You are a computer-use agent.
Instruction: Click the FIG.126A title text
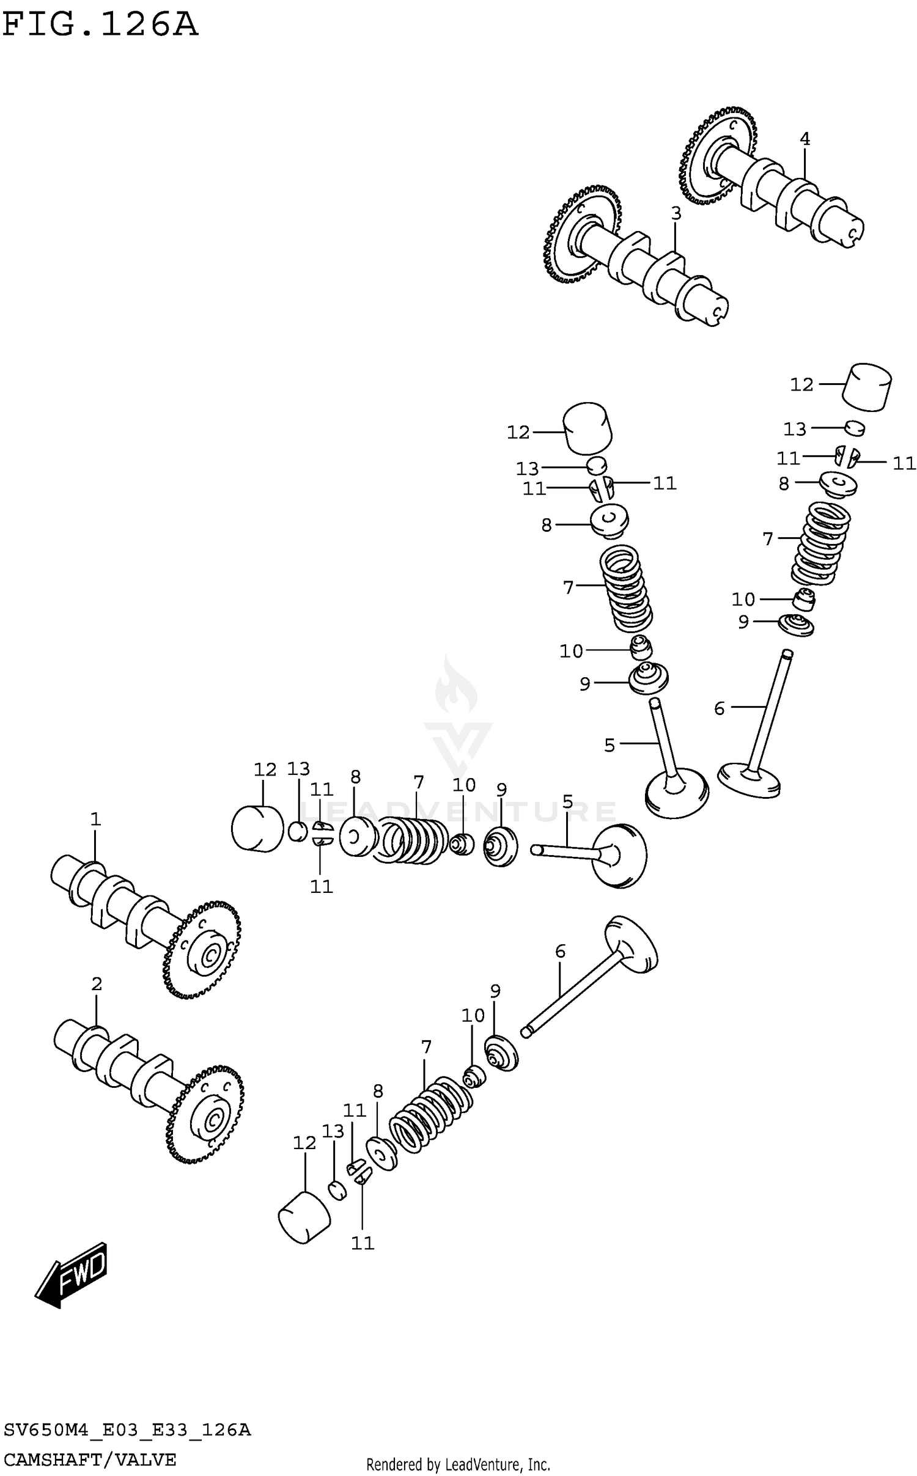(x=100, y=26)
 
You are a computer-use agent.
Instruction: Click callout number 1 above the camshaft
(x=95, y=819)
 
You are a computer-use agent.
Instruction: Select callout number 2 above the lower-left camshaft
(x=97, y=984)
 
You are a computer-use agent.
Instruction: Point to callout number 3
(x=676, y=214)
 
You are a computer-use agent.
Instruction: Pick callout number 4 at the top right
(x=805, y=139)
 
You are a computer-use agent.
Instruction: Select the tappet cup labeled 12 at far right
(x=867, y=387)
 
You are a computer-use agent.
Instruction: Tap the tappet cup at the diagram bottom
(x=304, y=1216)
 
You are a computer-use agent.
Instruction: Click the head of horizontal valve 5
(x=619, y=855)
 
